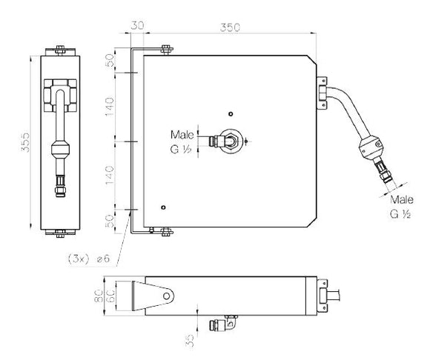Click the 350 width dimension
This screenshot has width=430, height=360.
coord(230,27)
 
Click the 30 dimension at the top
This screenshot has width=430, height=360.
coord(137,25)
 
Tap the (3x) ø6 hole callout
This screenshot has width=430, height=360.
coord(89,259)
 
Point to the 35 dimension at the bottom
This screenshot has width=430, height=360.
coord(190,341)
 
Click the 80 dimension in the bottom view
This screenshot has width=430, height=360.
coord(98,296)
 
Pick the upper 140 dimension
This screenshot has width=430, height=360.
coord(110,107)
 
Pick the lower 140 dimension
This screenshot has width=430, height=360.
coord(110,175)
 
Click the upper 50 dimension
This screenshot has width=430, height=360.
coord(110,61)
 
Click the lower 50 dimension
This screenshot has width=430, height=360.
coord(110,221)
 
